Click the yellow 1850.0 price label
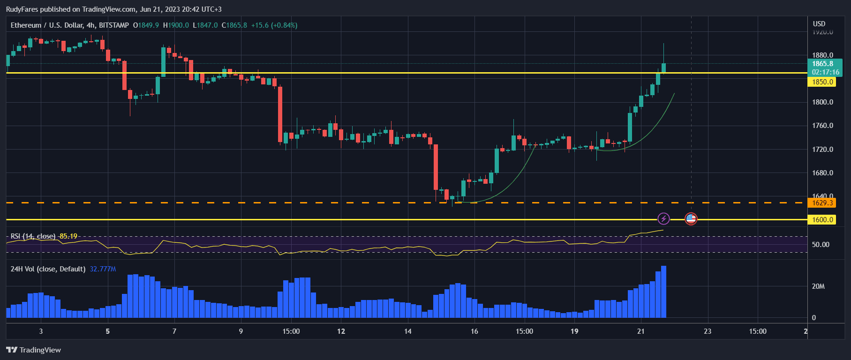(822, 82)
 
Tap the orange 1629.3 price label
(822, 203)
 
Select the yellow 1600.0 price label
(822, 220)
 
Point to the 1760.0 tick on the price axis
(822, 126)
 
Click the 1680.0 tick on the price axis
(822, 173)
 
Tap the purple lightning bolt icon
(663, 218)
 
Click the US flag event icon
(691, 218)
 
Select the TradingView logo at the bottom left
(33, 350)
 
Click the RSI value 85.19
(68, 236)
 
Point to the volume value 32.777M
(103, 269)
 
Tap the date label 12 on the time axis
(341, 331)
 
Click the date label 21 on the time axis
(640, 331)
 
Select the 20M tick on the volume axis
(818, 286)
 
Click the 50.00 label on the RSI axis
(821, 245)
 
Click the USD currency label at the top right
(819, 24)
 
